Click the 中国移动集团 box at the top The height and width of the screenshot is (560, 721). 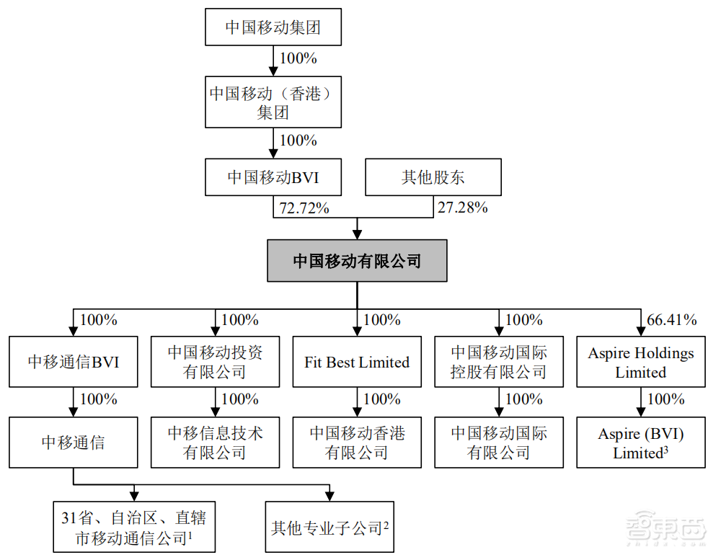point(273,28)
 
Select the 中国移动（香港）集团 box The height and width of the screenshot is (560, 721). point(273,103)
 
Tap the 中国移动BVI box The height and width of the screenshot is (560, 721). point(273,177)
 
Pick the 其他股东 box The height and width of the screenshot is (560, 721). point(433,177)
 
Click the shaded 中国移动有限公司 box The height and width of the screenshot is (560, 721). point(358,260)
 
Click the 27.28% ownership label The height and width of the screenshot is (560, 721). point(462,208)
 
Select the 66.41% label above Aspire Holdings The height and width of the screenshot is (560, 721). point(672,319)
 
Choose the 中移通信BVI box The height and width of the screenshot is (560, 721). point(74,362)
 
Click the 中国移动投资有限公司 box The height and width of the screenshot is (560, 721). point(215,362)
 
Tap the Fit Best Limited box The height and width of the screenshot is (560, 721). point(357,362)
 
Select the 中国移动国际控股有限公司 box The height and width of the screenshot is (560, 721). point(499,362)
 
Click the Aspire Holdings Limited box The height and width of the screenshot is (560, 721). point(641,362)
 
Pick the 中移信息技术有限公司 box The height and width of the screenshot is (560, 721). point(215,443)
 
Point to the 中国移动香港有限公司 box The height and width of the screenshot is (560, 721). point(357,443)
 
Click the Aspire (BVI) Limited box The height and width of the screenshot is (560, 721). point(641,443)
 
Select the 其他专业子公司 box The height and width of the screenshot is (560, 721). point(329,528)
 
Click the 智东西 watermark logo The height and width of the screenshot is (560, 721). point(664,530)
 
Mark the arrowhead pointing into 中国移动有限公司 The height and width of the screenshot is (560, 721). point(358,234)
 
